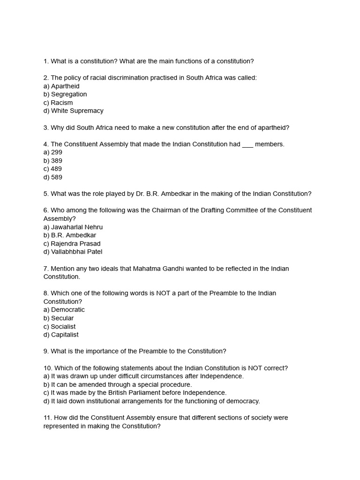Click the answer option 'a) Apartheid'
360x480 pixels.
(x=61, y=86)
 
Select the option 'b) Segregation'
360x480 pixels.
(x=65, y=94)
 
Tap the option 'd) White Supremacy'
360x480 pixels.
(x=74, y=111)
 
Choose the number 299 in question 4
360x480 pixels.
(x=57, y=152)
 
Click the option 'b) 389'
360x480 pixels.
(x=53, y=161)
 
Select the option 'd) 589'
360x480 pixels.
(x=53, y=177)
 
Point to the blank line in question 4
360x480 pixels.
(x=247, y=145)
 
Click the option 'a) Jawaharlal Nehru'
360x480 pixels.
(x=73, y=227)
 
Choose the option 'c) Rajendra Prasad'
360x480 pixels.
(x=72, y=244)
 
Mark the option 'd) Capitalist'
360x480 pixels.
(x=61, y=335)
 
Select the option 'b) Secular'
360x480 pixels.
(x=59, y=318)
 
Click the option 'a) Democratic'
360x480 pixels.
(x=64, y=310)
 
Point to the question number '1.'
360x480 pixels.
(x=46, y=61)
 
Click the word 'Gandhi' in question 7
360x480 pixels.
(x=173, y=269)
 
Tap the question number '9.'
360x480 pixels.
(x=46, y=351)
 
